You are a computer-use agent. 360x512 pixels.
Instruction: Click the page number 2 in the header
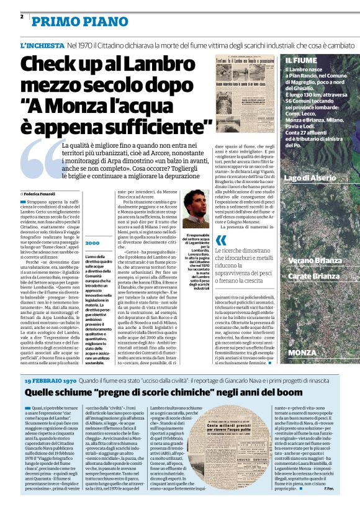pyautogui.click(x=22, y=17)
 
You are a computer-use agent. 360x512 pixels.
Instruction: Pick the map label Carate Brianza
pyautogui.click(x=317, y=276)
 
